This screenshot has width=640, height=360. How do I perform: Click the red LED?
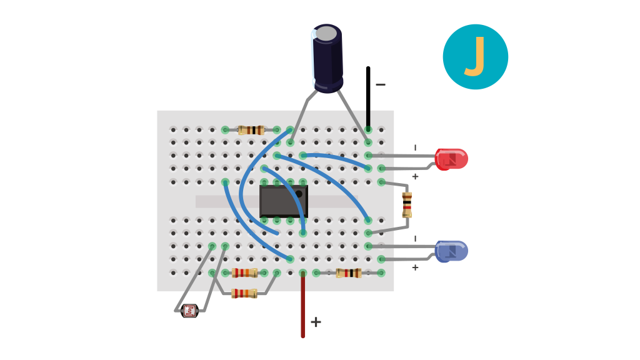click(451, 159)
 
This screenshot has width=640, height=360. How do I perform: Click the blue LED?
click(451, 251)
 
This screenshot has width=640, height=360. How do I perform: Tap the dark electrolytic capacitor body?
click(327, 59)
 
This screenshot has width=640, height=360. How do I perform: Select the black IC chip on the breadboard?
click(284, 201)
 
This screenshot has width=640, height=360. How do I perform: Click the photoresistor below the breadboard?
click(190, 311)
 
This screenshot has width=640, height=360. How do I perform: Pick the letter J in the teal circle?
click(475, 56)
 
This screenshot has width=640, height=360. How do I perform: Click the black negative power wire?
click(368, 98)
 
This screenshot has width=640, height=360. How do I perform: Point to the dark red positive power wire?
click(303, 304)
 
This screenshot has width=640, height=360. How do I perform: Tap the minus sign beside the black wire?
click(381, 84)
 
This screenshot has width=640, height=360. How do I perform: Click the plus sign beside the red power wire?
click(316, 322)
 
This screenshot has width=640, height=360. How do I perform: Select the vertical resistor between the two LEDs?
click(407, 205)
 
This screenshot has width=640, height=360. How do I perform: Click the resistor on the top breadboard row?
click(251, 130)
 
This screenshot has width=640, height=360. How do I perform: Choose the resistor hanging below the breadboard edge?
click(244, 293)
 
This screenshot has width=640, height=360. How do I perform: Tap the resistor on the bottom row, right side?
click(349, 273)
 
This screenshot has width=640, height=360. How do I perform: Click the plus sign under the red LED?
click(415, 176)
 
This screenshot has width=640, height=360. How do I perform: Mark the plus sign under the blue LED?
click(415, 267)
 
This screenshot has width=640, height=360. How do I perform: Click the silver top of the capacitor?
click(326, 34)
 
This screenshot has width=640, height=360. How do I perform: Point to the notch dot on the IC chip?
click(298, 194)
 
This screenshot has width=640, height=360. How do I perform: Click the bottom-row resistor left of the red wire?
click(244, 272)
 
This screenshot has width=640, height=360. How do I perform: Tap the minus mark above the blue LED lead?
click(415, 238)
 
